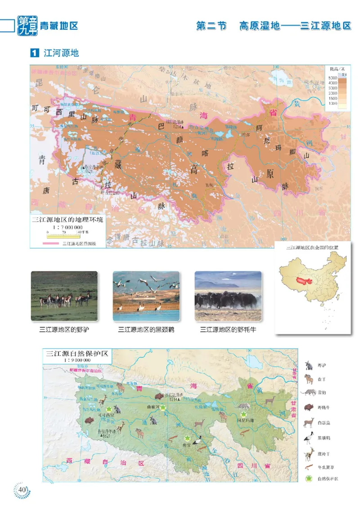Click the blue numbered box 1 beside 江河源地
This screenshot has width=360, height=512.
coord(34,53)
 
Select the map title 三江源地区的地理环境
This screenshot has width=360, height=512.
coord(67,220)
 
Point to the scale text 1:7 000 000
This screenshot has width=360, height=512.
coord(67,228)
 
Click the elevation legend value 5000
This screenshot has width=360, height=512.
coord(333,78)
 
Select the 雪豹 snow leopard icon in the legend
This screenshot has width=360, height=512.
coord(309,393)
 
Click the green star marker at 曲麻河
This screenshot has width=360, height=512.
coord(164,408)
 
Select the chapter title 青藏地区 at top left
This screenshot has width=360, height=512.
coord(59,26)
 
